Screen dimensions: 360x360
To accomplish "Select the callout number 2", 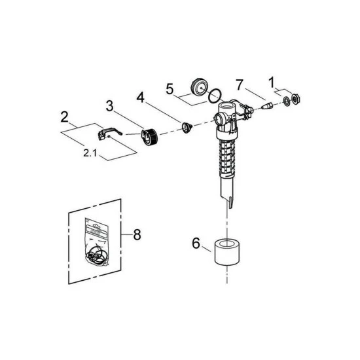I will coord(64,118).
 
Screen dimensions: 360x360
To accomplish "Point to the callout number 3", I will coord(109,105).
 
